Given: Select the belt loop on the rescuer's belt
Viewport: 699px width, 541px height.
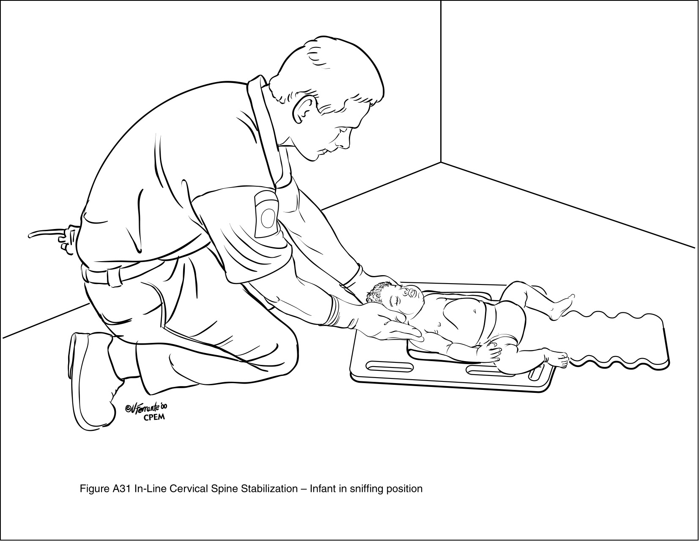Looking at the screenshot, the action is [112, 275].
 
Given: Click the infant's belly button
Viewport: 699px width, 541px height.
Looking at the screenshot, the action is [475, 311].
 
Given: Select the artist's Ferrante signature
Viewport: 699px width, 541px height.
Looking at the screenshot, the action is [148, 408].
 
